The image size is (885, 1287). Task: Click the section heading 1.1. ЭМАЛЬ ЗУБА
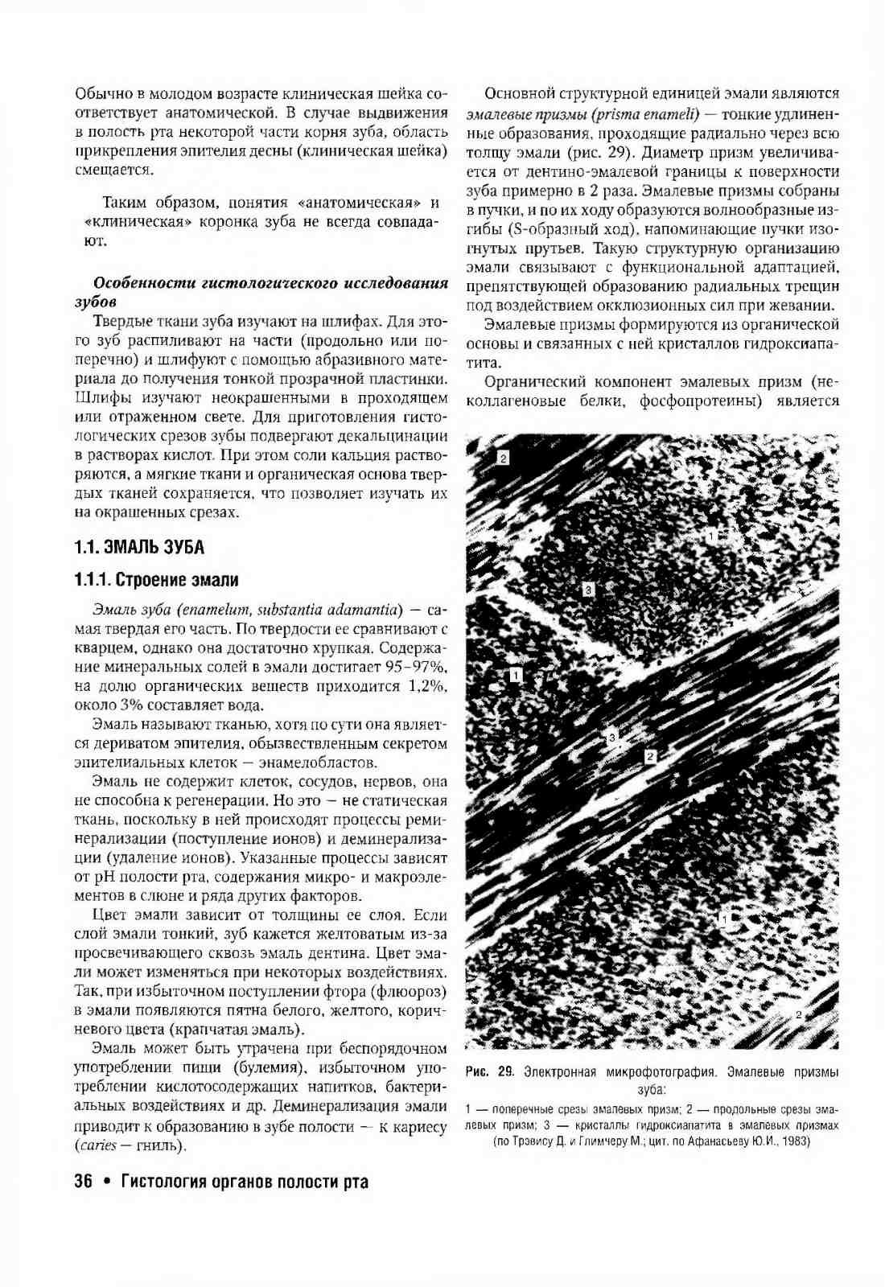[139, 548]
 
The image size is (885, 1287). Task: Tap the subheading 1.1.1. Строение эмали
[156, 580]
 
